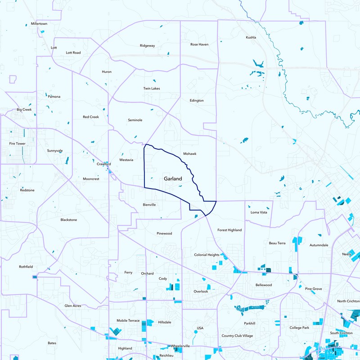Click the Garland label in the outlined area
(x=173, y=179)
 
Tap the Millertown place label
(x=39, y=23)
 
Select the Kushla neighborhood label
(x=251, y=37)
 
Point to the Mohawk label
(x=190, y=154)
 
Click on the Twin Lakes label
(x=152, y=88)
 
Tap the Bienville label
(x=149, y=205)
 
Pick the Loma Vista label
(x=259, y=212)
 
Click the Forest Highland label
(x=229, y=230)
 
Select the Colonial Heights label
(x=207, y=255)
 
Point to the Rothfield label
(x=26, y=267)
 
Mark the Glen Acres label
(x=73, y=306)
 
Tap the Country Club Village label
(x=237, y=336)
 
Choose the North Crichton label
(x=348, y=301)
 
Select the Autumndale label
(x=319, y=245)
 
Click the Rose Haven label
(x=199, y=45)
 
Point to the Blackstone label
(x=69, y=220)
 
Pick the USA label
(x=201, y=328)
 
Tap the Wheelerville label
(x=180, y=346)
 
